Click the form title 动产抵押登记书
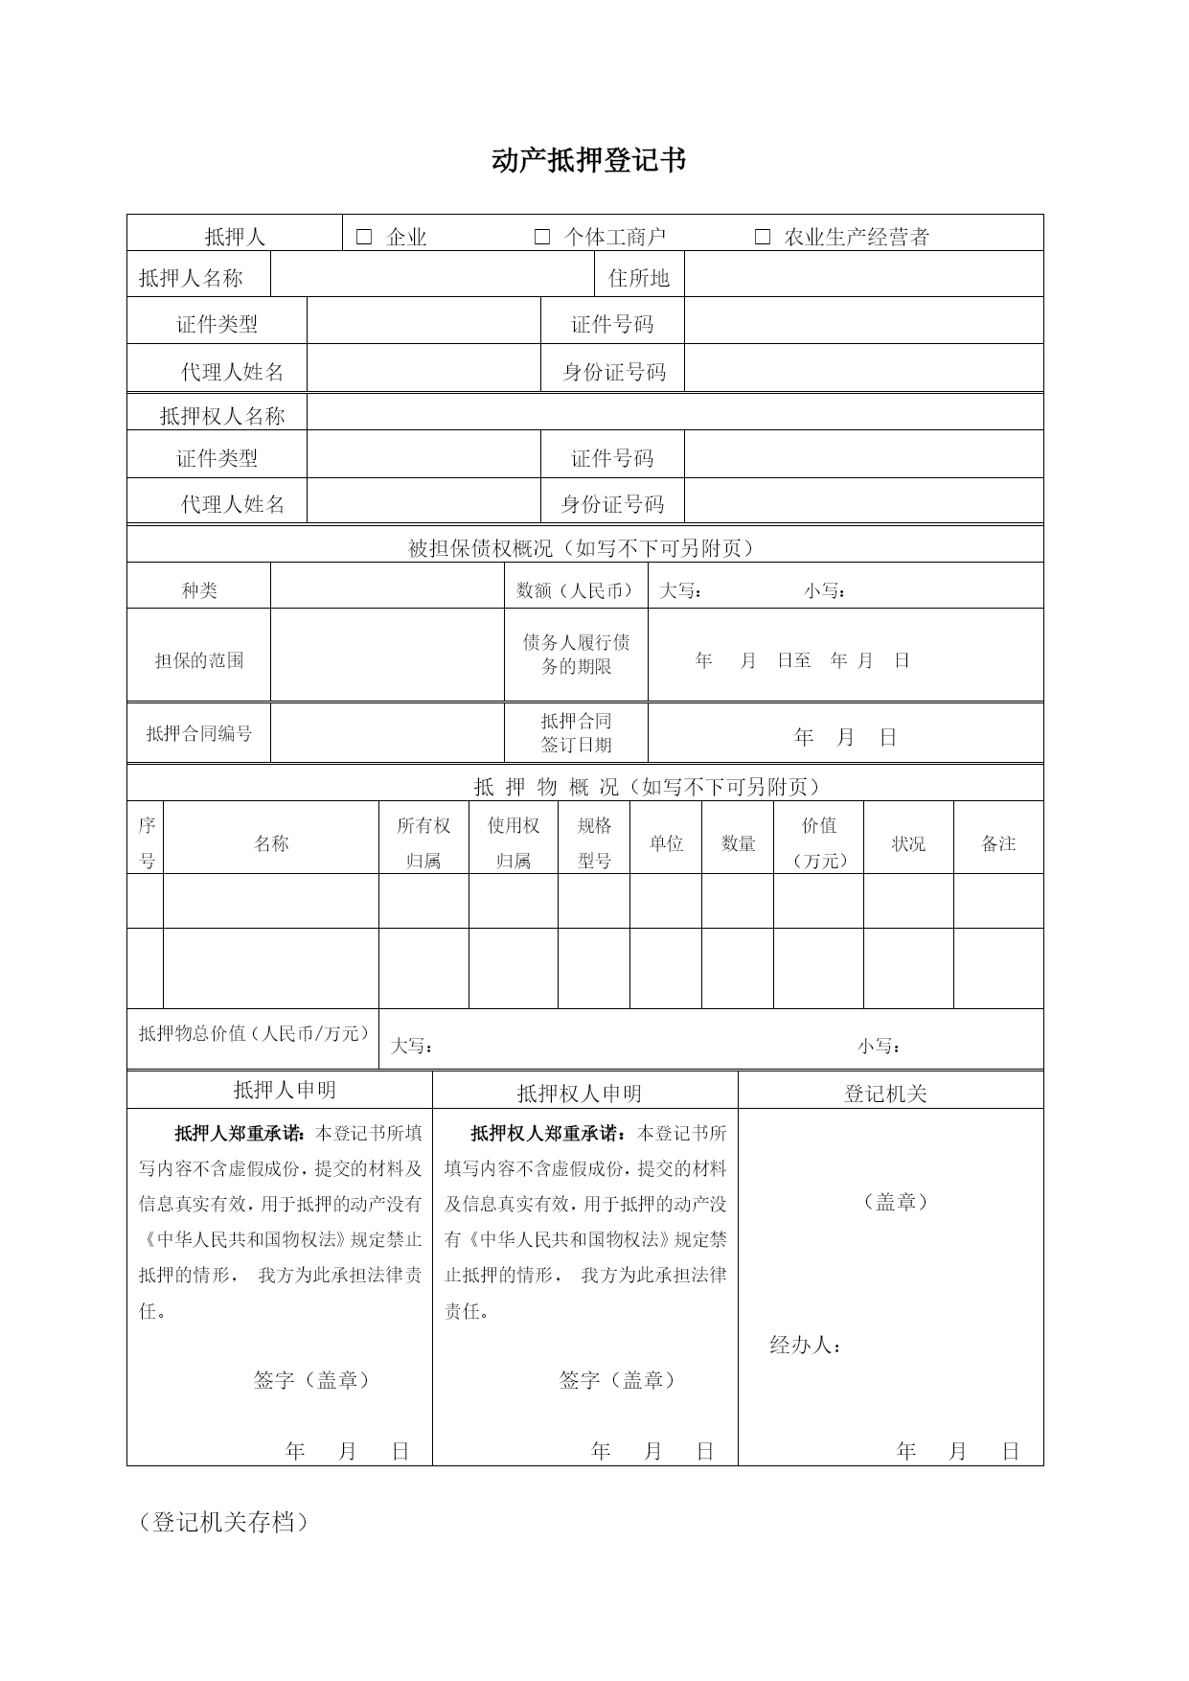point(588,160)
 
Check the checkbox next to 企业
point(364,237)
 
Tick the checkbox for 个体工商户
point(542,237)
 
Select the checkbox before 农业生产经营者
point(763,237)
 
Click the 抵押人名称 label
point(191,278)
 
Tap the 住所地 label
point(639,278)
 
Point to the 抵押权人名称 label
point(222,416)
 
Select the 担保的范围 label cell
point(199,660)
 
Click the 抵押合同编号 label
point(199,733)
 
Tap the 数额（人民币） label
point(576,590)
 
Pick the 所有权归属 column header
point(423,842)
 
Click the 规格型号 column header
point(594,842)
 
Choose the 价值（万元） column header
point(819,842)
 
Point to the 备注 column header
point(998,843)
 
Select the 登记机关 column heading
point(885,1094)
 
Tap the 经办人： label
point(806,1346)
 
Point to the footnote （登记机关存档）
point(223,1522)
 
